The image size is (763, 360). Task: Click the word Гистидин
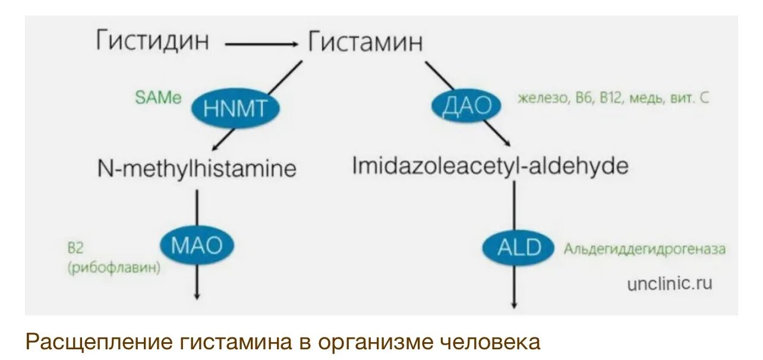(x=153, y=42)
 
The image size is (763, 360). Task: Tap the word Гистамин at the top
(x=365, y=42)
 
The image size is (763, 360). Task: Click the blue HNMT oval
(x=235, y=108)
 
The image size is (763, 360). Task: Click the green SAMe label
(x=158, y=98)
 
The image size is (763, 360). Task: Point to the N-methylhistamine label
(x=197, y=169)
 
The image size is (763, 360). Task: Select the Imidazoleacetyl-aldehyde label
(x=490, y=166)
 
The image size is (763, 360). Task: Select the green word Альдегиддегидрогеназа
(x=645, y=249)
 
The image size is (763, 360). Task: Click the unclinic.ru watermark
(x=669, y=283)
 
